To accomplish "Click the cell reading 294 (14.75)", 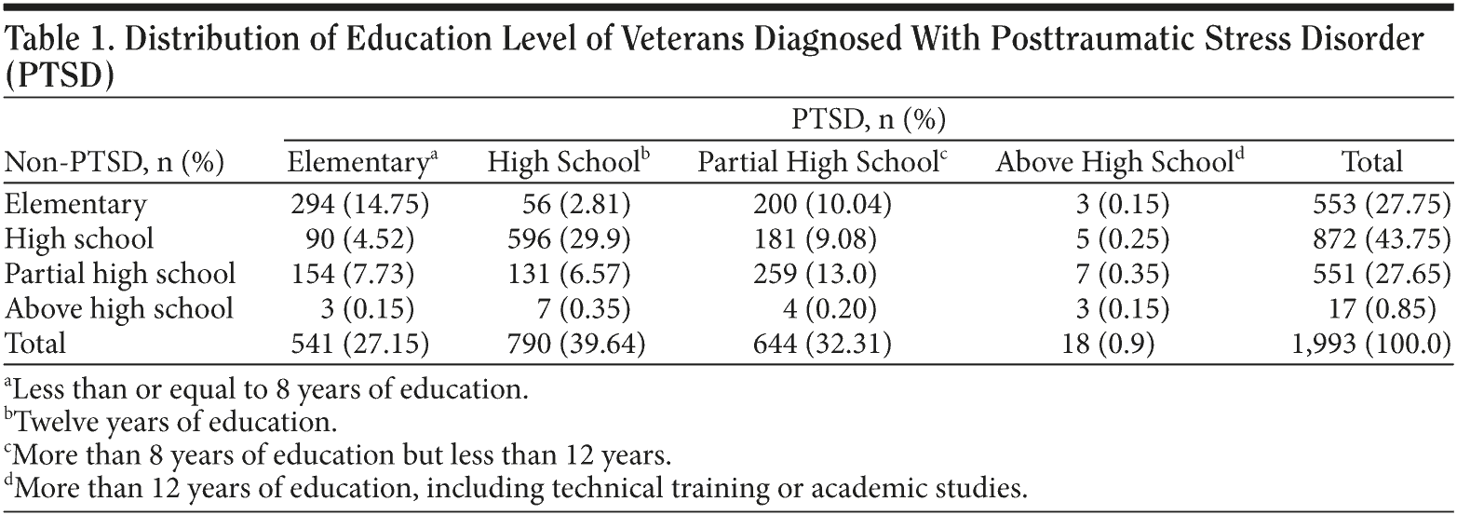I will (x=359, y=203).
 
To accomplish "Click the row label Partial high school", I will (x=120, y=273).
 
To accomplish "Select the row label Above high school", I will (x=118, y=308).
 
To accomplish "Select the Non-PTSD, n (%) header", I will (x=115, y=163).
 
